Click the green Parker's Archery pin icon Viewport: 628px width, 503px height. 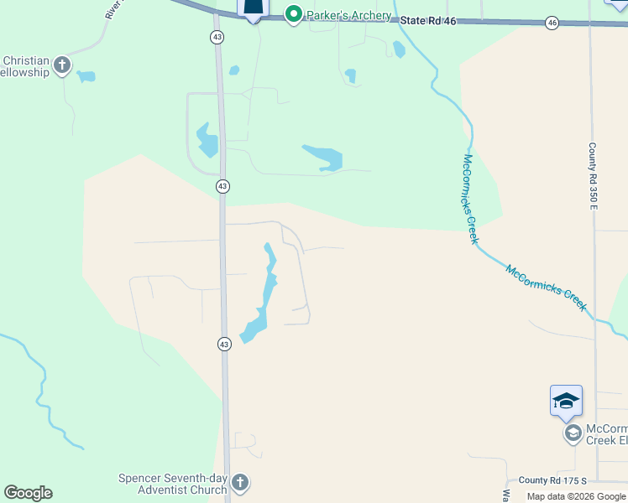[x=293, y=14]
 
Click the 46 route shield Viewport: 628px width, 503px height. [x=552, y=23]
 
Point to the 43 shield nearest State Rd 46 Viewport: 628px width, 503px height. [x=217, y=37]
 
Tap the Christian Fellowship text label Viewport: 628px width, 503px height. [x=26, y=66]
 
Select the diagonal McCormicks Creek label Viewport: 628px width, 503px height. [x=546, y=288]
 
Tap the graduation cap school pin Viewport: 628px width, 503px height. [x=566, y=401]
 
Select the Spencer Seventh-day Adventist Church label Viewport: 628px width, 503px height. [x=174, y=484]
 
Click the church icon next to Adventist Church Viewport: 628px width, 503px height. [x=240, y=483]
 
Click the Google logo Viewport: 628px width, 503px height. [x=28, y=493]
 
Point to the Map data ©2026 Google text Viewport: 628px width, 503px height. [x=576, y=496]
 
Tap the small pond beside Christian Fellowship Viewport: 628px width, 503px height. [x=86, y=76]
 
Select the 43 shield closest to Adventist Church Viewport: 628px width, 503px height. [x=224, y=344]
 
